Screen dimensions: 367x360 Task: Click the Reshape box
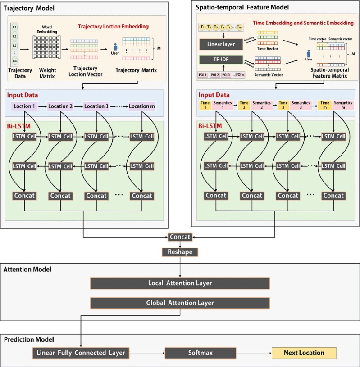click(180, 252)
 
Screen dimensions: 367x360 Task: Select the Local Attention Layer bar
click(180, 283)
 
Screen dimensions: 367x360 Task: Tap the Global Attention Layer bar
click(180, 303)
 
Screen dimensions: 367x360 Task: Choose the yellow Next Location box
click(304, 353)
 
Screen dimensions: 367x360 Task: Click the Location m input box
click(144, 106)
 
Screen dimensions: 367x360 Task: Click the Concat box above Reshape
click(180, 237)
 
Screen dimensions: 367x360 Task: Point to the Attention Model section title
click(27, 269)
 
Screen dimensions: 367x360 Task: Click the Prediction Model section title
click(28, 339)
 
